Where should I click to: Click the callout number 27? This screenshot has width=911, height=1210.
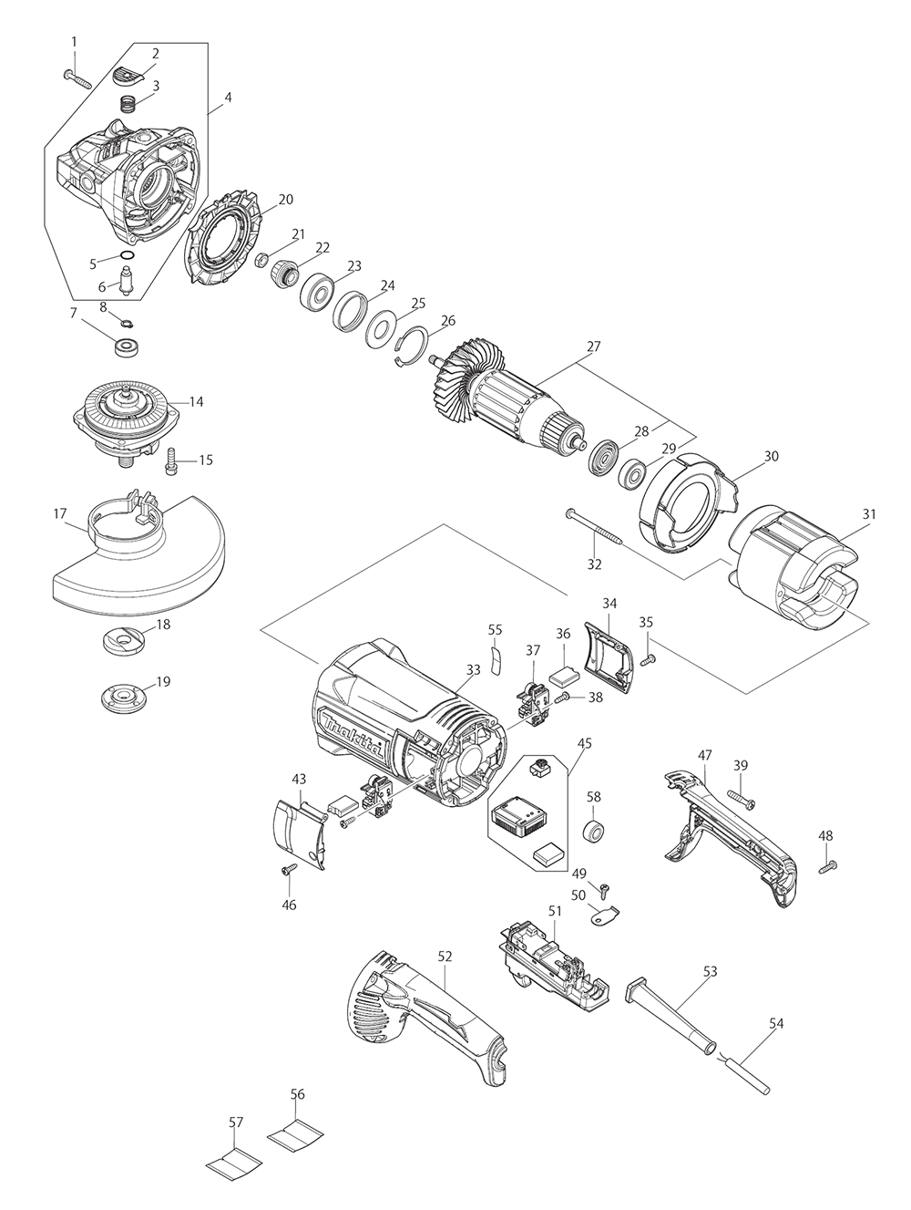[x=593, y=346]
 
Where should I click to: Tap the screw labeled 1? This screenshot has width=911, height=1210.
[x=78, y=78]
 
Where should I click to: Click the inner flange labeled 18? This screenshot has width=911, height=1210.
[x=124, y=641]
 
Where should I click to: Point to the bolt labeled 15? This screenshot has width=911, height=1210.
[x=172, y=460]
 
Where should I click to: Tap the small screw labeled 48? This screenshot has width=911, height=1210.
[x=828, y=867]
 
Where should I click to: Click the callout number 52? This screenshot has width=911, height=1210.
[x=445, y=957]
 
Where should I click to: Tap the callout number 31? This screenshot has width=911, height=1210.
[x=868, y=514]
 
